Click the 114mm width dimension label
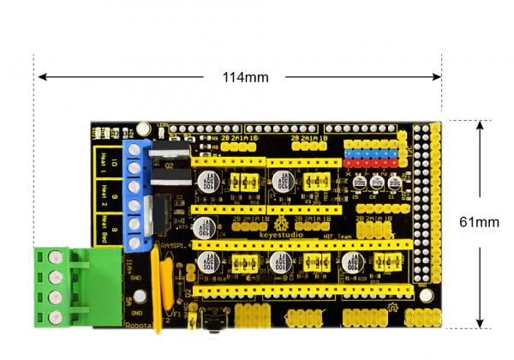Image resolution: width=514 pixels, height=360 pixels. tap(245, 77)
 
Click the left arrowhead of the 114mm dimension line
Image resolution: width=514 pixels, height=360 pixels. tap(40, 77)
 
